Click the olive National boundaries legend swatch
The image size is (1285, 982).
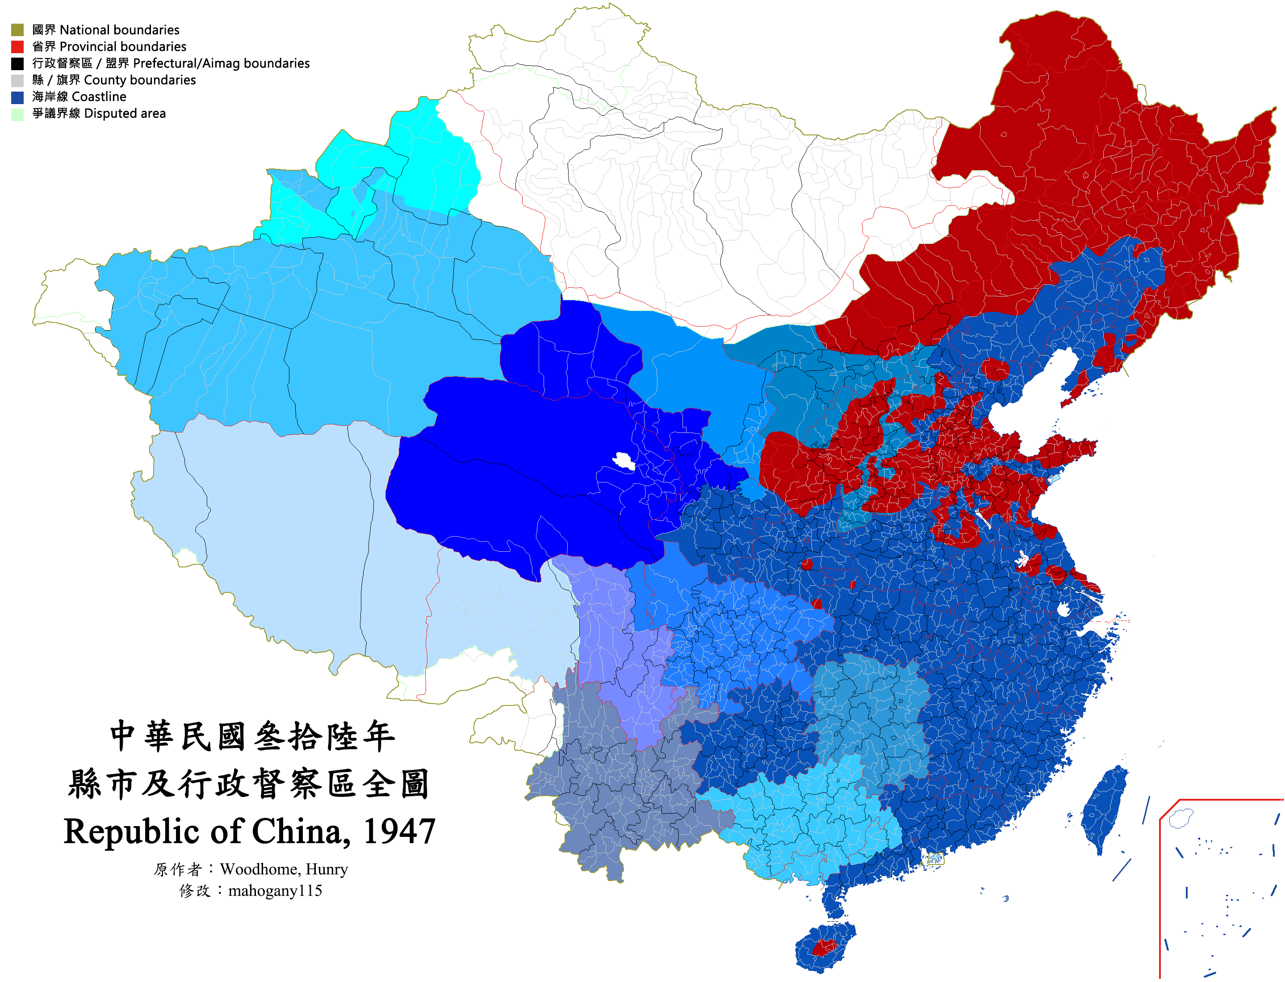tap(17, 30)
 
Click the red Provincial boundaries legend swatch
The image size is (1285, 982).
tap(17, 47)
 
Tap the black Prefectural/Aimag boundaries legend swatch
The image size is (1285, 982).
tap(17, 63)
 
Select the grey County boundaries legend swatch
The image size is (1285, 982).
tap(17, 80)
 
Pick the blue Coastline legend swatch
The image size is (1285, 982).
tap(17, 97)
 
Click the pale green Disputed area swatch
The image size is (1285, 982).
tap(17, 114)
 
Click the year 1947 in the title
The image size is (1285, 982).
tap(399, 831)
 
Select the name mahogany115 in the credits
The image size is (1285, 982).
tap(275, 891)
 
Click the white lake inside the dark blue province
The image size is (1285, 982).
tap(624, 462)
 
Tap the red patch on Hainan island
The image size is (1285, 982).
tap(823, 947)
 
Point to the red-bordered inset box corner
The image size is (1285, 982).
tap(1179, 801)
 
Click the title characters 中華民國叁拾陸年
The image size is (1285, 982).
tap(252, 736)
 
